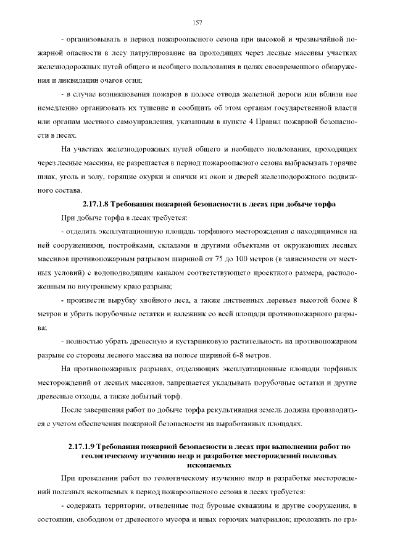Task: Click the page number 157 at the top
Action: pyautogui.click(x=197, y=23)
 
